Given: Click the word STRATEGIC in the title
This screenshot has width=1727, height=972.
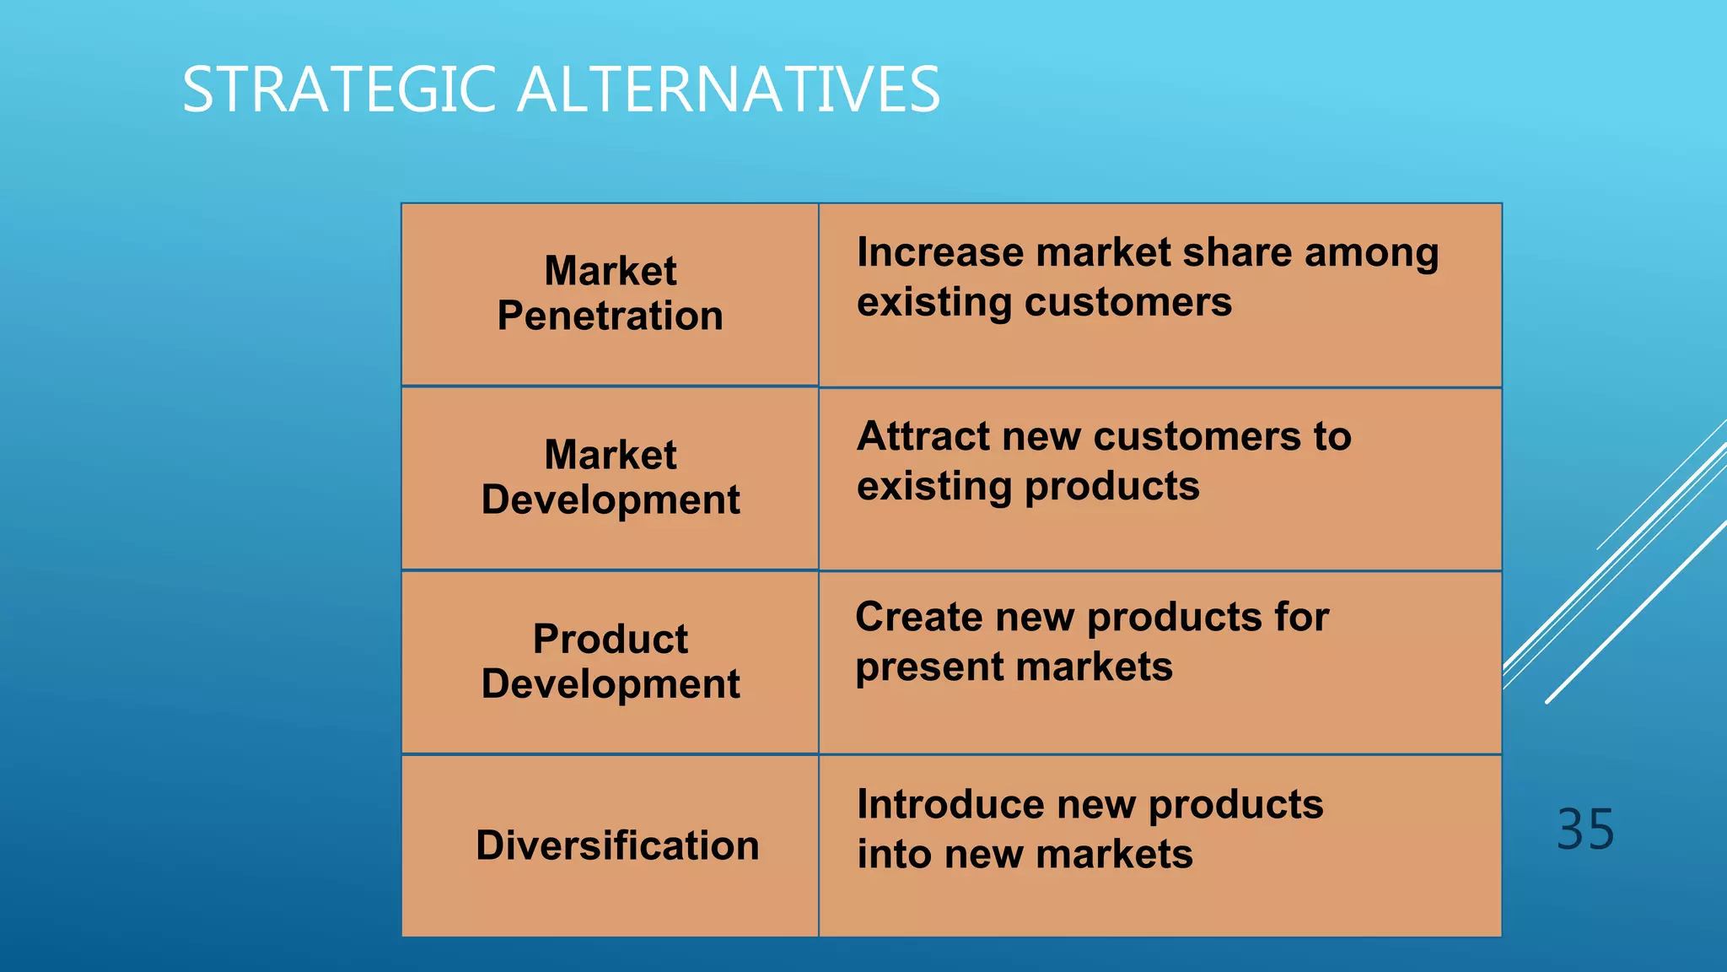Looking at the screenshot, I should click(x=338, y=89).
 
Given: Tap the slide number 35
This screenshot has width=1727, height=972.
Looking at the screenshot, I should click(x=1584, y=829).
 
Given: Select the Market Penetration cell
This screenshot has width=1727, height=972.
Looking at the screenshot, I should click(x=610, y=294).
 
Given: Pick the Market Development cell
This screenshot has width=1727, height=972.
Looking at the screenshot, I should click(x=610, y=478).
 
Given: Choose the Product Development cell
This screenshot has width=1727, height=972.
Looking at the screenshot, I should click(x=610, y=661).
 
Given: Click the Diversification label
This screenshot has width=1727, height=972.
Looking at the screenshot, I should click(x=617, y=845).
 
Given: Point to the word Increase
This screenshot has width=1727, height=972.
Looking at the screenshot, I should click(x=942, y=252).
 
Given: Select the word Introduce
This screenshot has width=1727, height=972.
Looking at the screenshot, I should click(x=950, y=804).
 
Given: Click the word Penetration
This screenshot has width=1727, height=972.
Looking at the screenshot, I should click(x=610, y=316).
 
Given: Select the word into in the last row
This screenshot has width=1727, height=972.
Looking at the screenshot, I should click(x=894, y=854).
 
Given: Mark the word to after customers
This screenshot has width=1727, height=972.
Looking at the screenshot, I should click(x=1332, y=436).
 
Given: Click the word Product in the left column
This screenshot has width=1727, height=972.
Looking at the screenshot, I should click(x=610, y=639).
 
